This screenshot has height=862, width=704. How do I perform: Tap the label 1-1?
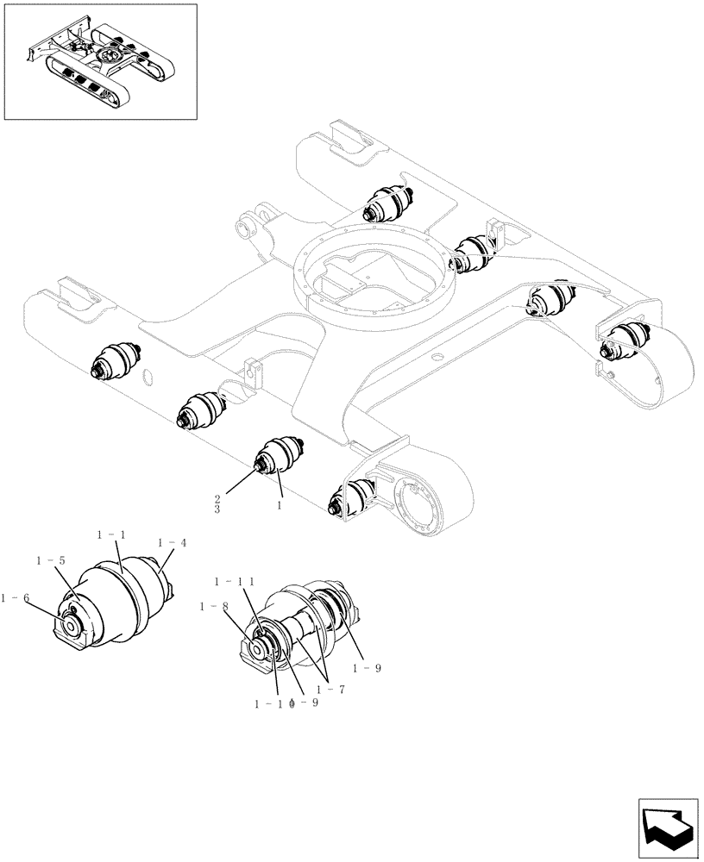[111, 535]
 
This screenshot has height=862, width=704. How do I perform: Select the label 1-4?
[172, 542]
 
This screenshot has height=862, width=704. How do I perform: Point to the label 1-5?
[50, 560]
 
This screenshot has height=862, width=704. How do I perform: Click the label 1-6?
[15, 597]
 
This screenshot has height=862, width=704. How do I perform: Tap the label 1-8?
[212, 607]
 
